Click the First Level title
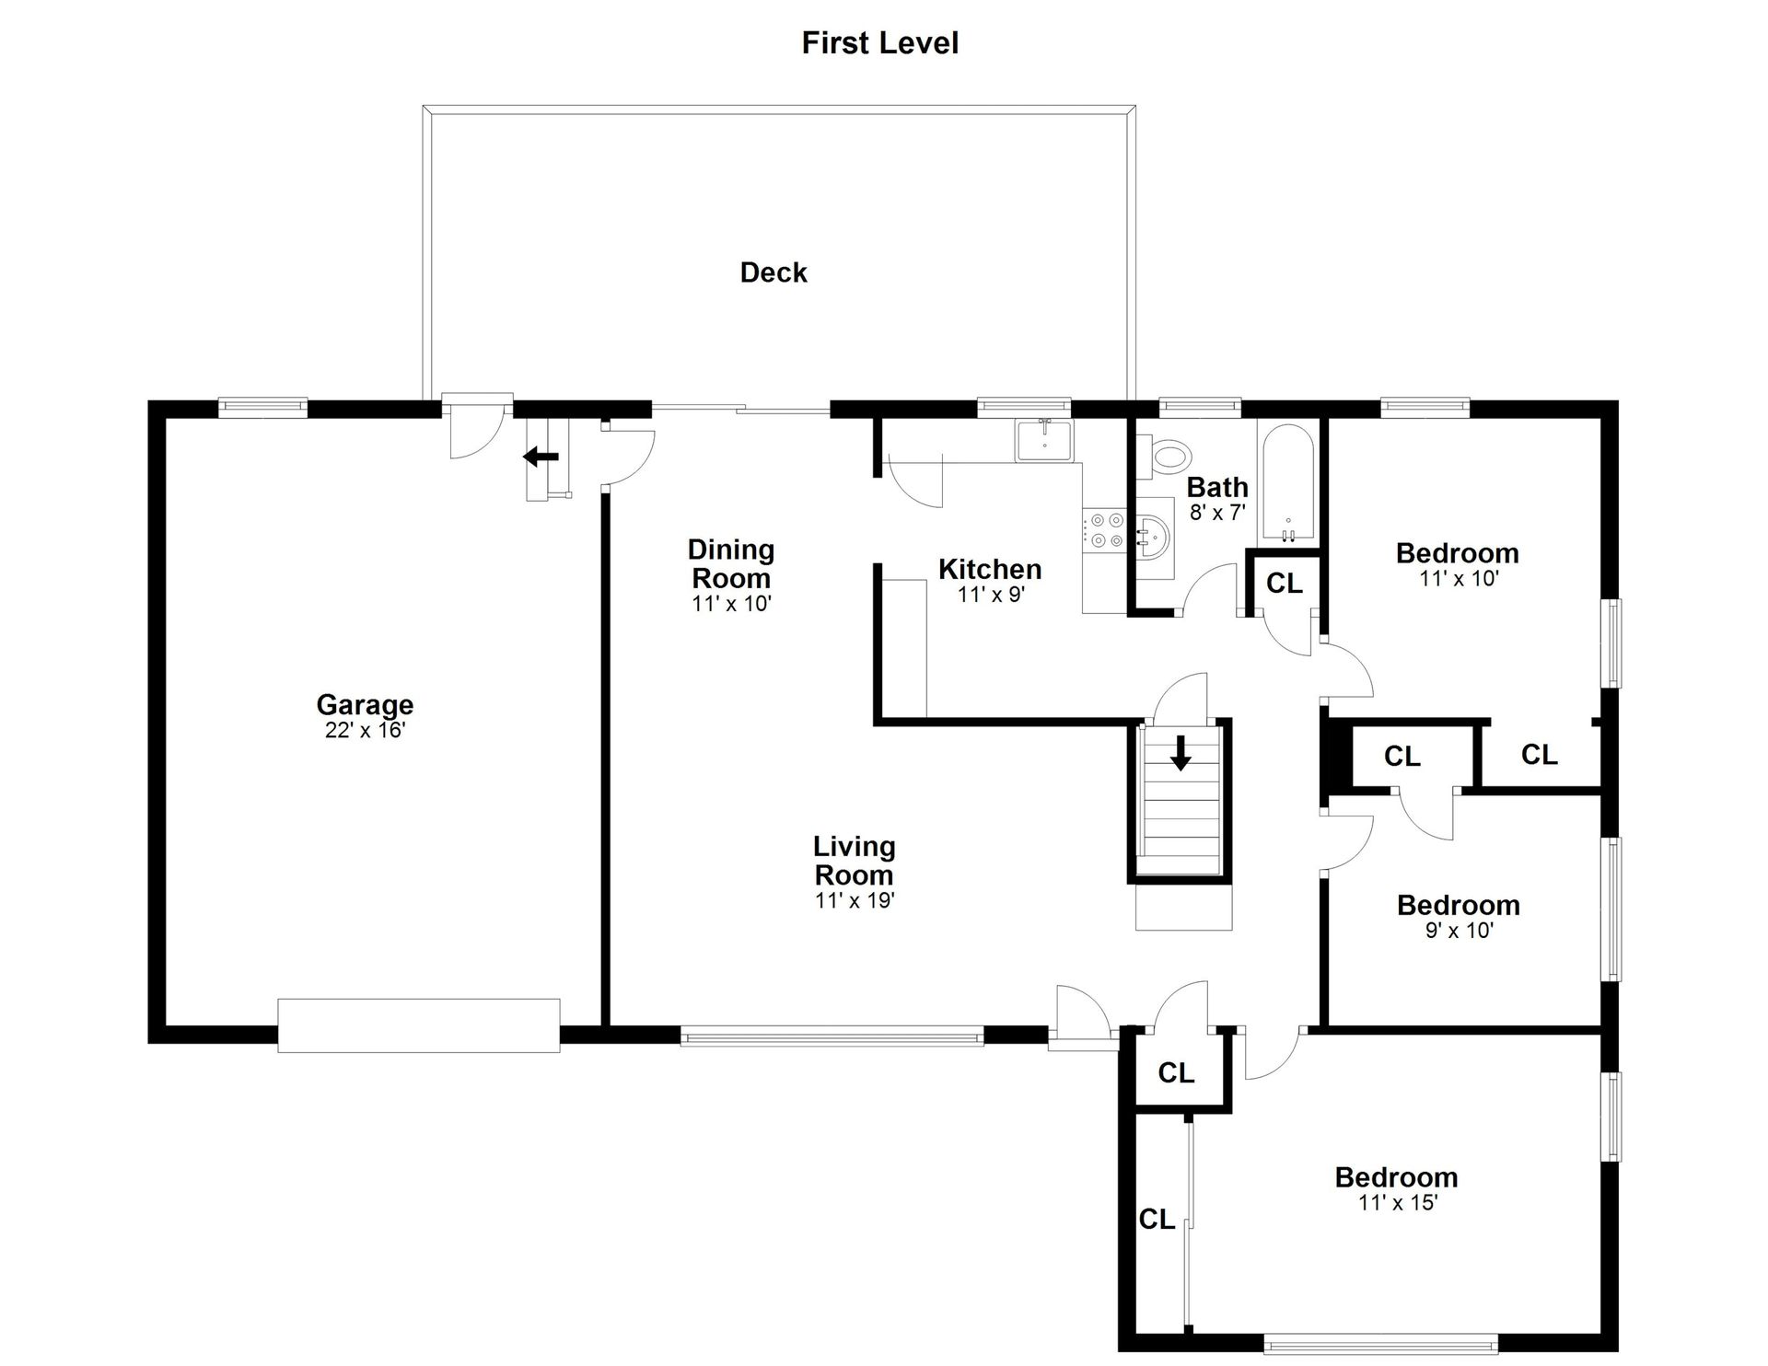click(879, 43)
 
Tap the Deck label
click(773, 272)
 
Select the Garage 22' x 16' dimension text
click(366, 731)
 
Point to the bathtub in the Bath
click(1288, 484)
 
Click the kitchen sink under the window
click(1044, 440)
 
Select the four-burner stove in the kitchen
click(1105, 530)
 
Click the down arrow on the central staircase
click(1181, 753)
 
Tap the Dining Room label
click(731, 564)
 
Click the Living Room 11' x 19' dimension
click(855, 901)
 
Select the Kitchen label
click(990, 569)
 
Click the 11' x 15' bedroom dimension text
click(1398, 1203)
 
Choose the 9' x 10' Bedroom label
click(1459, 905)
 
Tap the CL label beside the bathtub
click(1285, 583)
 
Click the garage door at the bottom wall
click(419, 1025)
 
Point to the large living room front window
click(832, 1036)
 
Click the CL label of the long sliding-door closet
click(1157, 1220)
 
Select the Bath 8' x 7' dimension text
click(1217, 513)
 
